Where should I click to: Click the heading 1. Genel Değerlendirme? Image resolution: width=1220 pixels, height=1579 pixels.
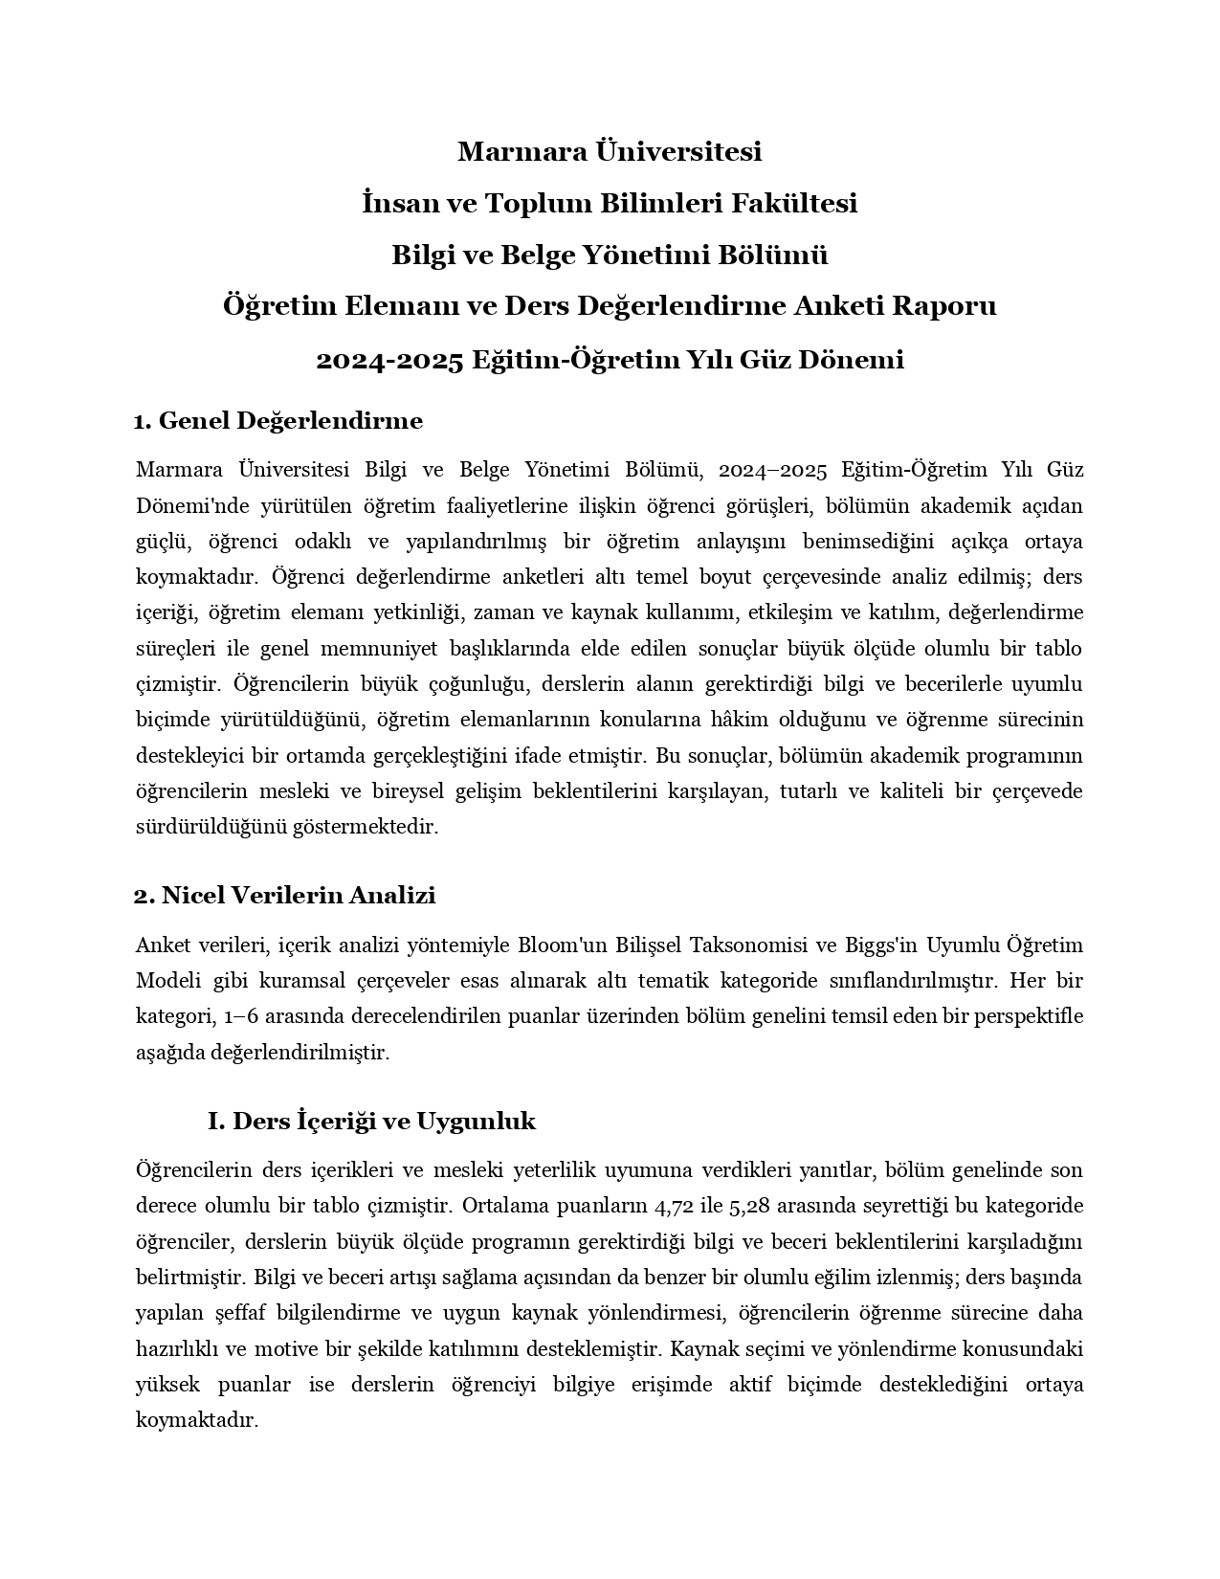point(278,420)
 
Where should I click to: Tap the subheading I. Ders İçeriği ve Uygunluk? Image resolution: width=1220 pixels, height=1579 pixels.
point(371,1121)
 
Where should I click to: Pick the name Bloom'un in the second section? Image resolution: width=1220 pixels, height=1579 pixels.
point(563,945)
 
